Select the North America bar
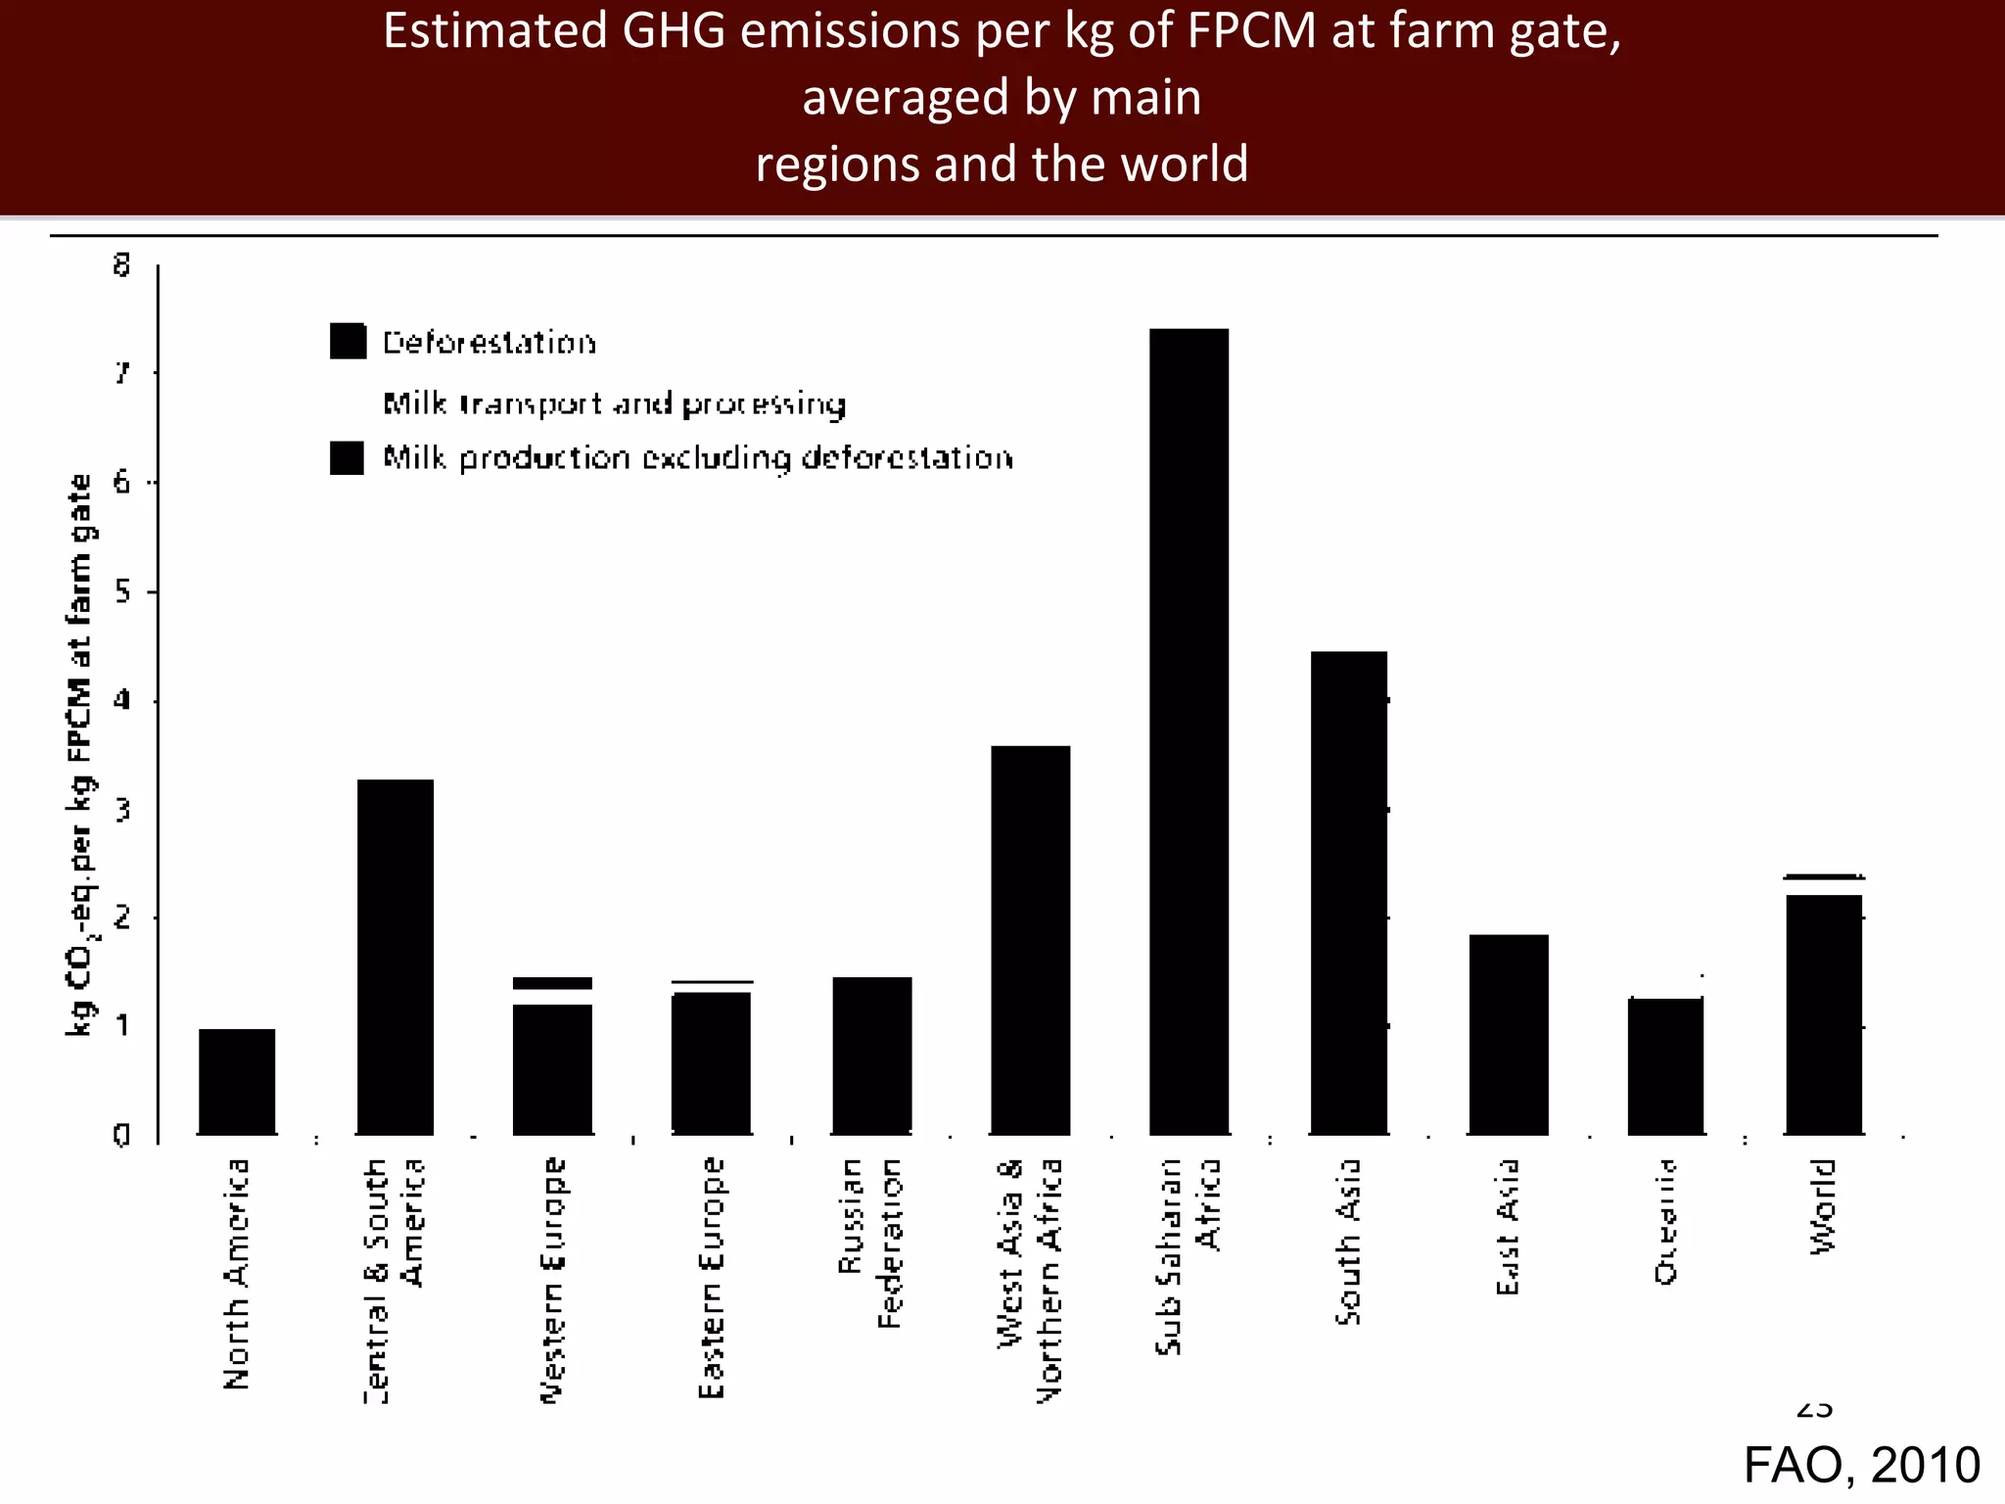[x=237, y=1081]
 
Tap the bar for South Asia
[x=1348, y=892]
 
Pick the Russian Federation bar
[x=871, y=1055]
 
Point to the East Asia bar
[x=1508, y=1034]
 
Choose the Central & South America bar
[x=395, y=957]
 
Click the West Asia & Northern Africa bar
[x=1030, y=940]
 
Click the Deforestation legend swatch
[x=348, y=341]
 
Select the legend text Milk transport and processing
[x=614, y=403]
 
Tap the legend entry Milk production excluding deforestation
[x=697, y=457]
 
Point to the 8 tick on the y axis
[x=121, y=264]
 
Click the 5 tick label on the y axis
[x=121, y=591]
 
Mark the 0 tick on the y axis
[x=121, y=1135]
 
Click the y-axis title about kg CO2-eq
[x=79, y=754]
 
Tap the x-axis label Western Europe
[x=553, y=1279]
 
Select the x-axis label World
[x=1822, y=1205]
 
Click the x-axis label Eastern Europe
[x=712, y=1277]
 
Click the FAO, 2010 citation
[x=1861, y=1465]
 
